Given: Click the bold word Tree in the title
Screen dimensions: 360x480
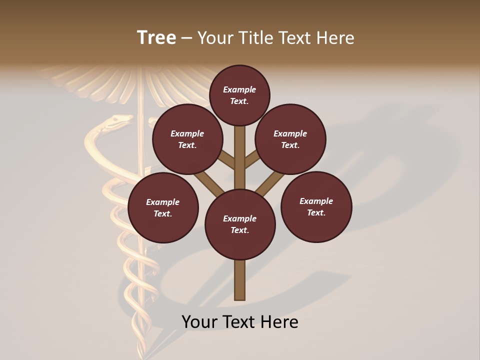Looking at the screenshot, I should click(156, 37).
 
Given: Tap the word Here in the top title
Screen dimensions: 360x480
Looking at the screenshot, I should click(335, 37).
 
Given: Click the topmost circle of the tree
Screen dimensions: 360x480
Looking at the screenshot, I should click(239, 95).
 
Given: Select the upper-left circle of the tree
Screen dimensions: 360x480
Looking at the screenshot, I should click(187, 139).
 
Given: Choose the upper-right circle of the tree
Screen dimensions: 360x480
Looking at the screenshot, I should click(290, 139).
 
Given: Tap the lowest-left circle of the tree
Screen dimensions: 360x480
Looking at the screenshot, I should click(163, 207).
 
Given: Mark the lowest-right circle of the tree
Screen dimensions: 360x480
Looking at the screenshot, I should click(316, 206).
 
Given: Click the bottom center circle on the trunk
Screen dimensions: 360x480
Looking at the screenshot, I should click(240, 224).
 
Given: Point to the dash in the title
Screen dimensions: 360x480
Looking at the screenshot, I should click(186, 38).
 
